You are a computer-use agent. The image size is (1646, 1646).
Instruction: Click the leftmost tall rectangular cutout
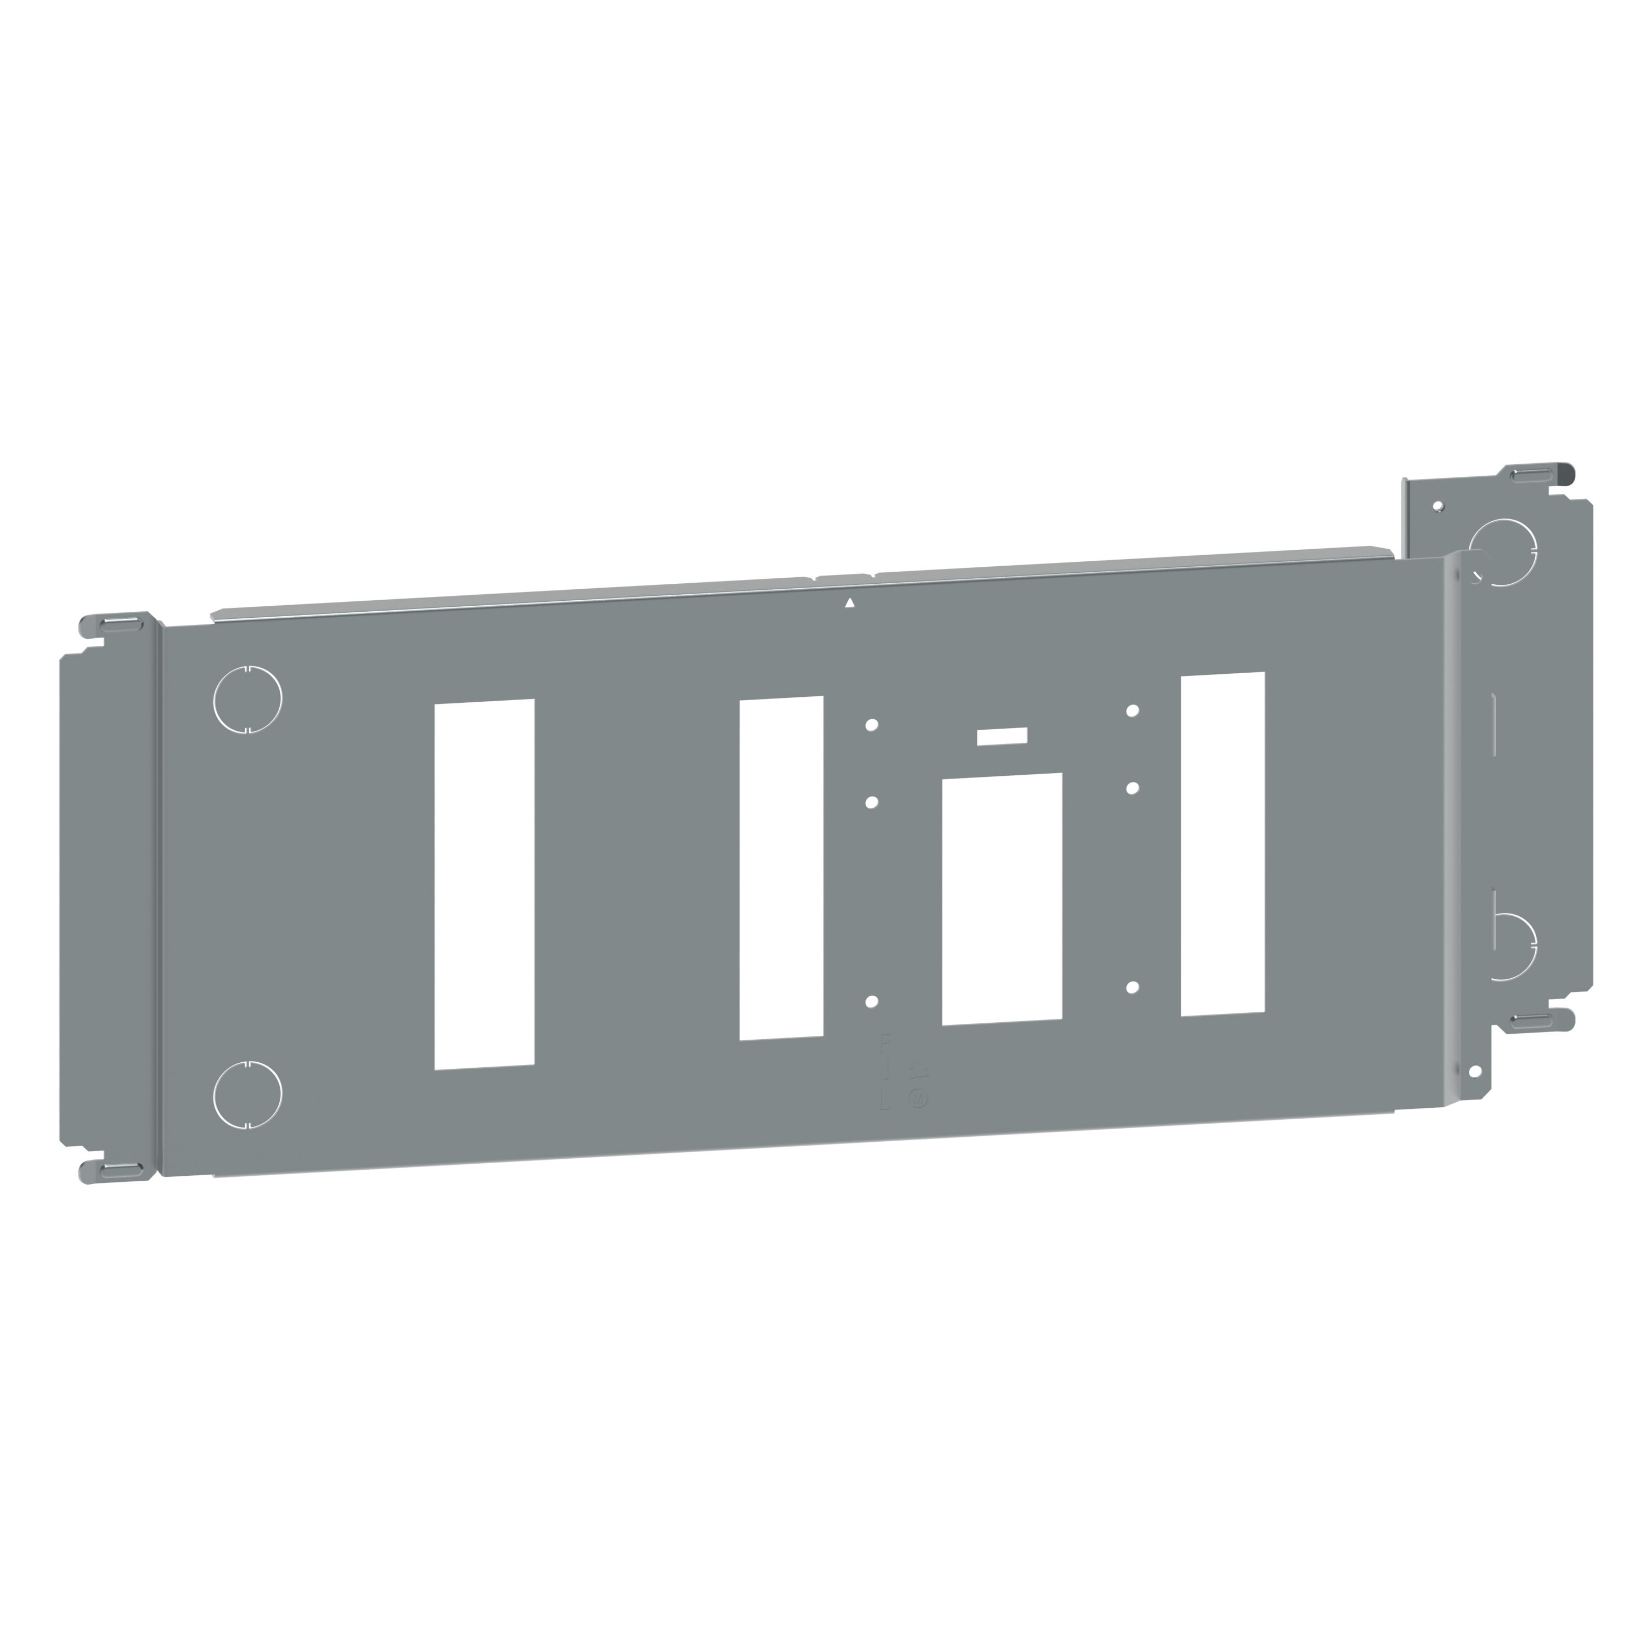pyautogui.click(x=484, y=883)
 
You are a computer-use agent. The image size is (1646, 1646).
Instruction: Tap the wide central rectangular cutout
pyautogui.click(x=1002, y=899)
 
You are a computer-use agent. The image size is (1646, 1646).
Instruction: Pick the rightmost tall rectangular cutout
pyautogui.click(x=1222, y=843)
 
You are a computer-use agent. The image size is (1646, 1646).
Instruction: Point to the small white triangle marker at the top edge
pyautogui.click(x=849, y=603)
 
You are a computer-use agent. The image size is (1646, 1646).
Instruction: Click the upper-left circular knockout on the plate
pyautogui.click(x=247, y=698)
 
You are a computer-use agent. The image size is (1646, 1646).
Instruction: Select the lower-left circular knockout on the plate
pyautogui.click(x=247, y=1095)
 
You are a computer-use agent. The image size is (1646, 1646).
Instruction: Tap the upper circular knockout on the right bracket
pyautogui.click(x=1504, y=552)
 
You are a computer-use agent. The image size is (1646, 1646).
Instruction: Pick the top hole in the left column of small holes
pyautogui.click(x=871, y=725)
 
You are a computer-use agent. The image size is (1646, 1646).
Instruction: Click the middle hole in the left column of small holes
pyautogui.click(x=871, y=803)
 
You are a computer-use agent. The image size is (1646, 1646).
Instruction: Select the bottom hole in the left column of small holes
pyautogui.click(x=871, y=1002)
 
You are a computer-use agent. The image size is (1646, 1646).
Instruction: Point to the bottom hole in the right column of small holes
pyautogui.click(x=1132, y=988)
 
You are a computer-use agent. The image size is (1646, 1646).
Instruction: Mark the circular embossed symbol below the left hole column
pyautogui.click(x=918, y=1098)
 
